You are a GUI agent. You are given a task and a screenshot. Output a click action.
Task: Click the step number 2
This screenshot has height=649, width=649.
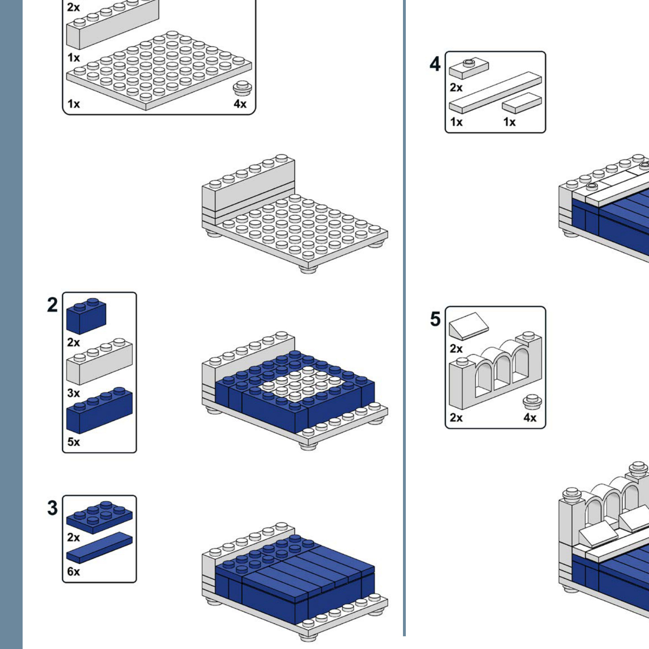(52, 305)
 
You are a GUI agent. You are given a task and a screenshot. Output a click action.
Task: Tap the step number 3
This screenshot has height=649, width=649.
(52, 508)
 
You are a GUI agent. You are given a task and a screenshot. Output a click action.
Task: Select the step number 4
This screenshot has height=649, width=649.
(435, 64)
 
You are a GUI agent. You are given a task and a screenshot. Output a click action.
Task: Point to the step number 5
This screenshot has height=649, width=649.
(435, 319)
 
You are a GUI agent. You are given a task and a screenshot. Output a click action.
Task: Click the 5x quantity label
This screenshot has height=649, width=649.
(74, 442)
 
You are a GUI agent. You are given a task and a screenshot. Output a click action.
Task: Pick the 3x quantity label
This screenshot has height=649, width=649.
(74, 393)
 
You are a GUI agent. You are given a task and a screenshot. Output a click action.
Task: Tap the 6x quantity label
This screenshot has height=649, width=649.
(74, 572)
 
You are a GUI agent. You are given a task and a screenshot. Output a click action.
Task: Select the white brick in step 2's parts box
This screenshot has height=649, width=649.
(99, 361)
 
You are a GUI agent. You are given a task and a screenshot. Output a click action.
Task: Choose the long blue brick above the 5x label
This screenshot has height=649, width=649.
(99, 410)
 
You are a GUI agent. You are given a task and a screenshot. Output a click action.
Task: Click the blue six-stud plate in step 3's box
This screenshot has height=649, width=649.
(99, 518)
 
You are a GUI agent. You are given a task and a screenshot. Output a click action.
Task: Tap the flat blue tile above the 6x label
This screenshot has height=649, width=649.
(99, 548)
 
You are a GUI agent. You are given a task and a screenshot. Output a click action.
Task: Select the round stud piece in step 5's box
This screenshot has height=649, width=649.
(532, 402)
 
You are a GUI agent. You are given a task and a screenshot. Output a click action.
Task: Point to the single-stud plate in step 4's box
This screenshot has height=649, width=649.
(469, 68)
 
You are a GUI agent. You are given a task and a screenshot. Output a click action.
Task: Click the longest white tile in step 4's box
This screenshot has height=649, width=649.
(495, 92)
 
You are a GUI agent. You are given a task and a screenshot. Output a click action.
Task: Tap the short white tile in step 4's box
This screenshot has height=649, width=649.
(522, 103)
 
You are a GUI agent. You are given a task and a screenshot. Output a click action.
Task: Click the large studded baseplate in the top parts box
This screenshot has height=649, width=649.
(159, 71)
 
